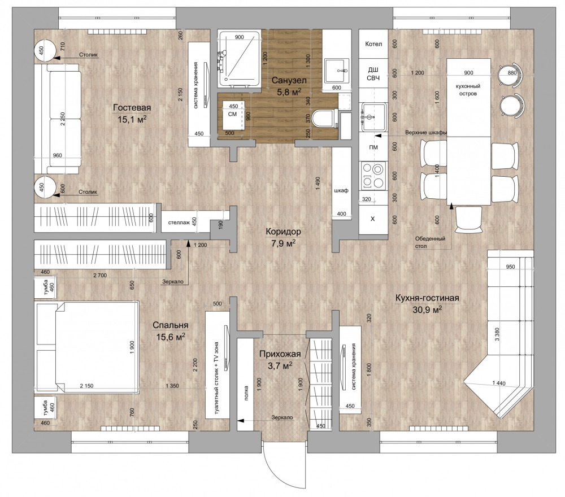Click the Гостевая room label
132,108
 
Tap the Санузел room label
289,80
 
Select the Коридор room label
283,232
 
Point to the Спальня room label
171,325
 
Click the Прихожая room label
280,354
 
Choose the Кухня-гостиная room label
427,298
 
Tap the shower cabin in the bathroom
239,59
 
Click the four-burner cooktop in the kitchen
373,176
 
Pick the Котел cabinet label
373,44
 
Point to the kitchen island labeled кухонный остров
468,98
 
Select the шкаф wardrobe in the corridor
341,184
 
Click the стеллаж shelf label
179,223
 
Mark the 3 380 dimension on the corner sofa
497,334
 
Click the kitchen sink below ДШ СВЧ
374,117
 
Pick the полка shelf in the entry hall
245,384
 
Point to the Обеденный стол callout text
430,242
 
